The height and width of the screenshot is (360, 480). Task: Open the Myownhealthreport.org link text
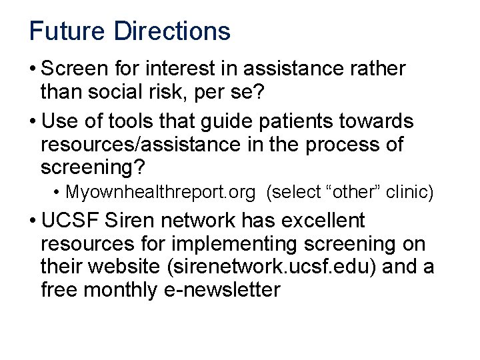160,193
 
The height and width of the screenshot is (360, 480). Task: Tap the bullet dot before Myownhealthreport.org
57,193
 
